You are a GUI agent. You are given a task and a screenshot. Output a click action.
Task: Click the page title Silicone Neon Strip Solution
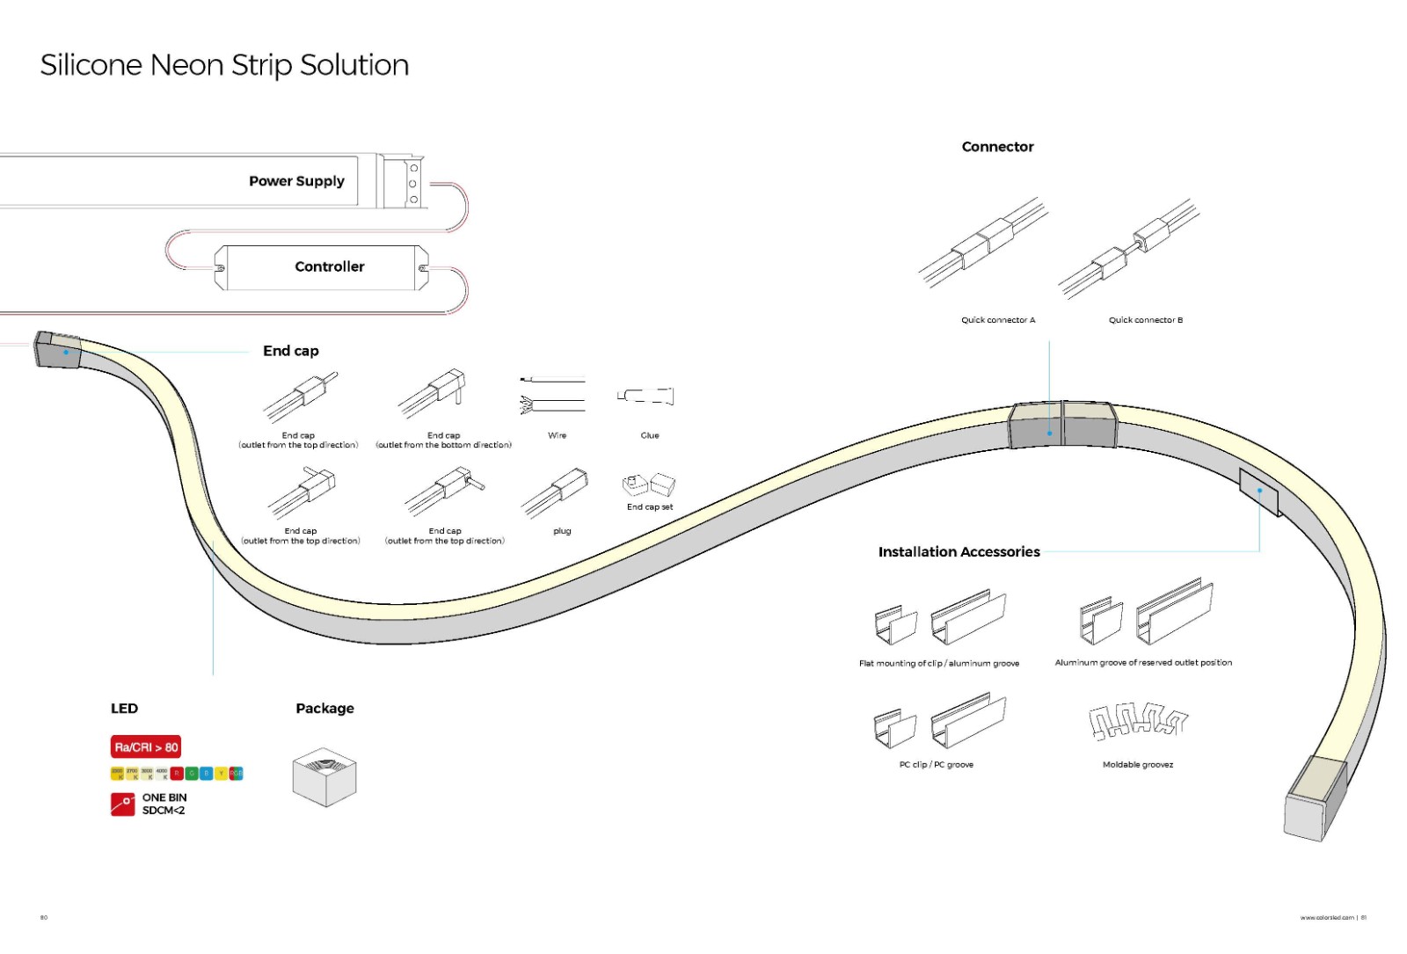[x=224, y=65]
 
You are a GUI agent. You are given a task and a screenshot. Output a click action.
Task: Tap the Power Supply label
[x=296, y=181]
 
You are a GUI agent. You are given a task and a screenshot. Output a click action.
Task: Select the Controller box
[x=321, y=267]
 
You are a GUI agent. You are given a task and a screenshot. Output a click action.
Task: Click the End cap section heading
[x=291, y=351]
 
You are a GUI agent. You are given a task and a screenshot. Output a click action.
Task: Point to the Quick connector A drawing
[x=983, y=243]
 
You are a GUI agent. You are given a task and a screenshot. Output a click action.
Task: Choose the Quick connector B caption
[x=1145, y=320]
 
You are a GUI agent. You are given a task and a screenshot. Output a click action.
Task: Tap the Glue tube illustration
[x=646, y=396]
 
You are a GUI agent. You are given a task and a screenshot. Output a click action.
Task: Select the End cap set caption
[x=650, y=507]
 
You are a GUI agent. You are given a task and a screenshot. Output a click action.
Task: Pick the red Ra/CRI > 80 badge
[x=146, y=747]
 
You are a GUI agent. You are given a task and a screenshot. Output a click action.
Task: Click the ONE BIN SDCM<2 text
[x=164, y=805]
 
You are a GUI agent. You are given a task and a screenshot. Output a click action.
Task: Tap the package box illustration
[x=324, y=776]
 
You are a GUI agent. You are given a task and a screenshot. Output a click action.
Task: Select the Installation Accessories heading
[x=959, y=552]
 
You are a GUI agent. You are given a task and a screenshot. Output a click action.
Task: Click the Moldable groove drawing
[x=1138, y=720]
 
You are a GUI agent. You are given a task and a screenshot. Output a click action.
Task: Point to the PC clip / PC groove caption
[x=936, y=765]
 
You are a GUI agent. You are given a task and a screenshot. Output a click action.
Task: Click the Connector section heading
[x=997, y=147]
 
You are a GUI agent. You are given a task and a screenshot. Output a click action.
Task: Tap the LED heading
[x=124, y=709]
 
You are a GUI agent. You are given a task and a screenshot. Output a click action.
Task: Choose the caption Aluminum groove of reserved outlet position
[x=1143, y=663]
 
